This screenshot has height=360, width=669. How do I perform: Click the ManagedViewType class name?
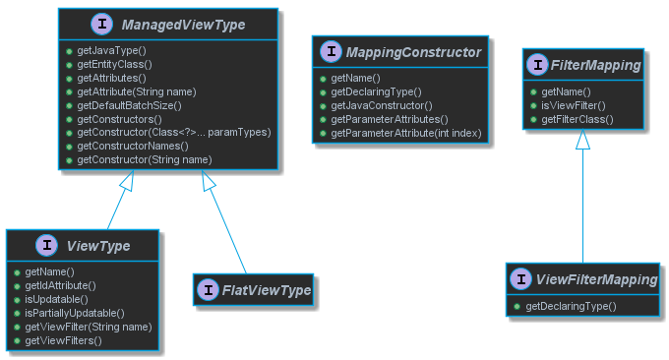pos(183,24)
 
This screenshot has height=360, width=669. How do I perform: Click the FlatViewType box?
pos(253,289)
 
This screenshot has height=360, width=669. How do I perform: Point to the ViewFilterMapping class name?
pos(596,280)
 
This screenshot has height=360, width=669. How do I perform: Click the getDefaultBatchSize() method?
pos(129,104)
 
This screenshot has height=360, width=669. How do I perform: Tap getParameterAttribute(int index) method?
pos(406,132)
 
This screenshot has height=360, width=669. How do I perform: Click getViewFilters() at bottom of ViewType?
pos(63,339)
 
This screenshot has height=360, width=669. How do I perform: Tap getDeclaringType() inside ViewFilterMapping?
pos(571,306)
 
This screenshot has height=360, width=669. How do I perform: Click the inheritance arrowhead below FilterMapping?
pos(583,140)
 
